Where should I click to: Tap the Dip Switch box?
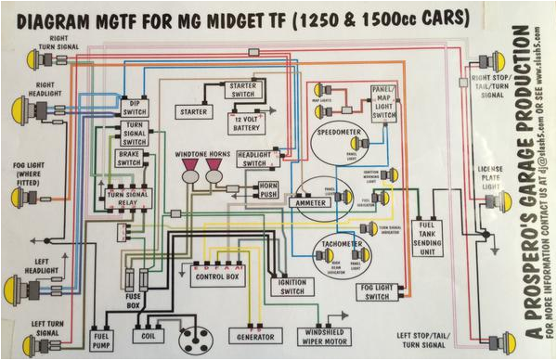(x=134, y=107)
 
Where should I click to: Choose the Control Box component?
(x=216, y=275)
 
